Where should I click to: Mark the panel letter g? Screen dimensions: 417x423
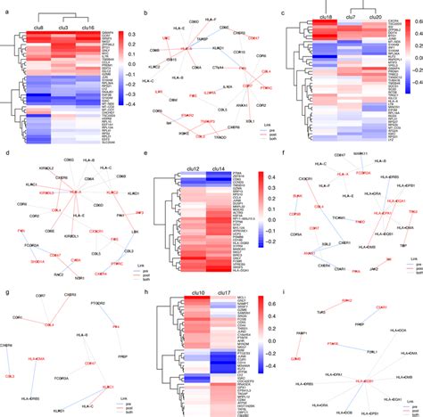5,291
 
